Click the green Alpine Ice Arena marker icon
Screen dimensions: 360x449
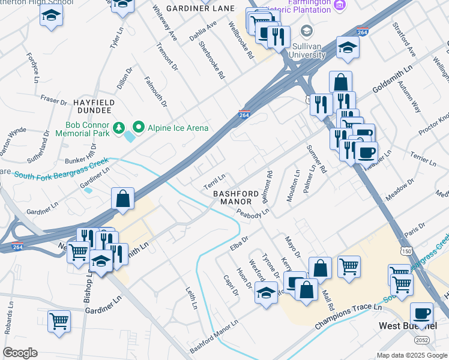(x=139, y=127)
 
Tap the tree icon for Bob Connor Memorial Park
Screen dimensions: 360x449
(x=119, y=127)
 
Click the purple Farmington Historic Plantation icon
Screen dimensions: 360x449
(x=340, y=5)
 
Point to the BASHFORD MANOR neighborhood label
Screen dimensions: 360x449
(x=235, y=198)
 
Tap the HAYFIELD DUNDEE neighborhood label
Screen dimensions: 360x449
(x=92, y=107)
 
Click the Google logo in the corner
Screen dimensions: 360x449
(x=20, y=353)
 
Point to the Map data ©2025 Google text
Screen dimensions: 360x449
(x=411, y=355)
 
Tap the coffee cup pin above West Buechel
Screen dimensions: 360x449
(x=421, y=313)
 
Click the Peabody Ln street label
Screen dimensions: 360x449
(x=253, y=212)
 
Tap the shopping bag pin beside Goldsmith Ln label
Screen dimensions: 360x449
(x=340, y=82)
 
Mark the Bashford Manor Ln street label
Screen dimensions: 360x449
(x=214, y=340)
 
